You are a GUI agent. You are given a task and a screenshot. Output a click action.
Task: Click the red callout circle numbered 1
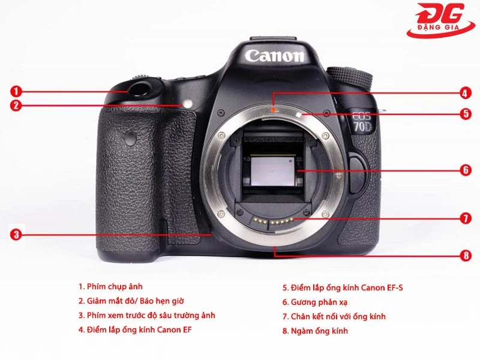click(x=16, y=91)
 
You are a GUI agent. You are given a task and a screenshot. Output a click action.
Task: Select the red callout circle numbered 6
click(x=466, y=170)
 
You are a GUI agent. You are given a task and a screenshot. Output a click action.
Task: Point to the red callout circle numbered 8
click(x=466, y=256)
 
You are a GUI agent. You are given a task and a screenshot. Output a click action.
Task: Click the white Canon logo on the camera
click(x=275, y=56)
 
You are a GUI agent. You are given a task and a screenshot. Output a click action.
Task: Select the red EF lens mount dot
click(x=274, y=109)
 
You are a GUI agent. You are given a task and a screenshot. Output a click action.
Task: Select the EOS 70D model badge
click(x=362, y=122)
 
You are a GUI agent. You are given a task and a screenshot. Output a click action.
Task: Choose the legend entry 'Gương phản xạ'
click(x=315, y=302)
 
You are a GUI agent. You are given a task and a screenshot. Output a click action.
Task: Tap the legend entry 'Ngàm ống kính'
click(x=315, y=331)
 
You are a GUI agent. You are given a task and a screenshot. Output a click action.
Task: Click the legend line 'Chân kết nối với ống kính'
click(x=334, y=316)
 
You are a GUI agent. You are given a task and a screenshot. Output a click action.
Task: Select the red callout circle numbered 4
click(x=466, y=93)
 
